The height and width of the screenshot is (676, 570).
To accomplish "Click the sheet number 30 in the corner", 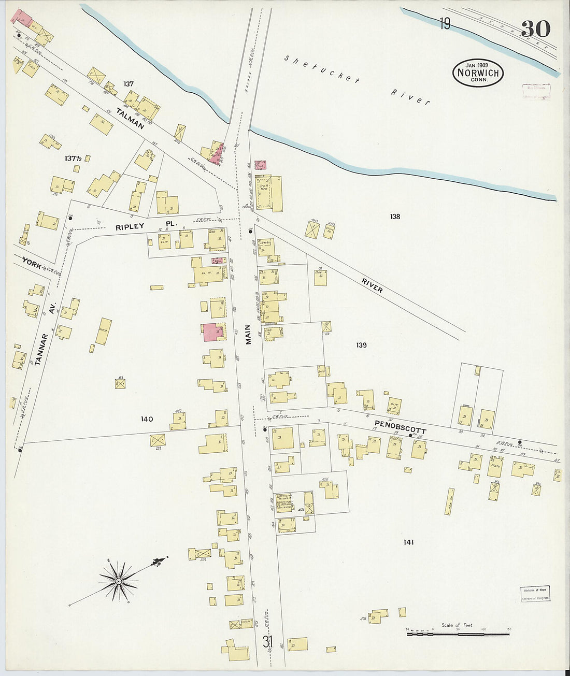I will pyautogui.click(x=536, y=29).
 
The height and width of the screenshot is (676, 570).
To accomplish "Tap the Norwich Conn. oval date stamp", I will pyautogui.click(x=478, y=73).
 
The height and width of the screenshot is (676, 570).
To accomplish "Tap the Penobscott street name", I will pyautogui.click(x=400, y=427).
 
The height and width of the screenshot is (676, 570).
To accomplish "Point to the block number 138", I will pyautogui.click(x=395, y=217).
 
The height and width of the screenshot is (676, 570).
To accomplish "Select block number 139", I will pyautogui.click(x=361, y=345).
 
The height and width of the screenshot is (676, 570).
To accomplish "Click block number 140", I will pyautogui.click(x=147, y=419).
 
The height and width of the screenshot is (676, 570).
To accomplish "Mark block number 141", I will pyautogui.click(x=408, y=542).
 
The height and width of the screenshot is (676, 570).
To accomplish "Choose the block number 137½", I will pyautogui.click(x=74, y=157).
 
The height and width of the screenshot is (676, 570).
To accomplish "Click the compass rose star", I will pyautogui.click(x=118, y=581).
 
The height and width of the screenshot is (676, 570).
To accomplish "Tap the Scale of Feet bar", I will pyautogui.click(x=458, y=633).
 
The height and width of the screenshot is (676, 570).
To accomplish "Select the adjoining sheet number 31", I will pyautogui.click(x=267, y=642).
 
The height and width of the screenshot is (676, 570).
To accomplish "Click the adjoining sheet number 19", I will pyautogui.click(x=445, y=24).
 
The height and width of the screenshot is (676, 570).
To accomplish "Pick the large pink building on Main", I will pyautogui.click(x=212, y=332).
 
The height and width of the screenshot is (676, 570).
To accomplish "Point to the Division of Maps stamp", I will pyautogui.click(x=535, y=594).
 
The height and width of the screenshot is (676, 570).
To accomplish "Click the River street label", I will pyautogui.click(x=372, y=285).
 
